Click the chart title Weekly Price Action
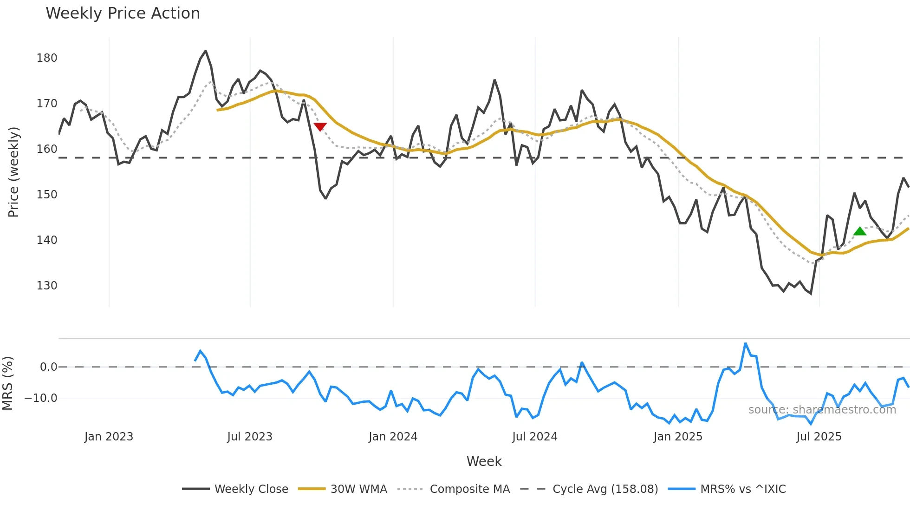123,13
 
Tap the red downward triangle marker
320,126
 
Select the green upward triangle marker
860,231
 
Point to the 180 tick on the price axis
47,58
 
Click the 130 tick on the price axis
47,286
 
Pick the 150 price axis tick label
47,195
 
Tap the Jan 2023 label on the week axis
109,437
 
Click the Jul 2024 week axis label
535,437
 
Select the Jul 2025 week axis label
819,437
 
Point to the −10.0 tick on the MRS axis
41,398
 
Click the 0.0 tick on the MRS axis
48,367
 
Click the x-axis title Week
484,461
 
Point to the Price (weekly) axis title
13,172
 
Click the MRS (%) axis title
7,383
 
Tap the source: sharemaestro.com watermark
822,410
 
